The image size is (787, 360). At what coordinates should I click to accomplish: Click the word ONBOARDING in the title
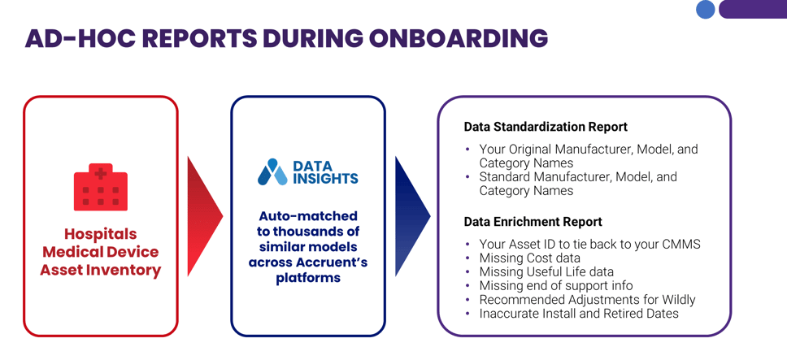click(459, 38)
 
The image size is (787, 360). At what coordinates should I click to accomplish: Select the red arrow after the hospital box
click(203, 216)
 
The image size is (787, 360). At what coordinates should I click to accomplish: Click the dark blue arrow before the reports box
click(411, 216)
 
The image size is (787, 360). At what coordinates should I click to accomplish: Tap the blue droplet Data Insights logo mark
click(272, 172)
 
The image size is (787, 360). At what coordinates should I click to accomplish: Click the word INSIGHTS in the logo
click(325, 179)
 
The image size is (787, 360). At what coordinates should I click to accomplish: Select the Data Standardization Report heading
click(546, 127)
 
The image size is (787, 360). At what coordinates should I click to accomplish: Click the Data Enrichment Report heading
click(533, 222)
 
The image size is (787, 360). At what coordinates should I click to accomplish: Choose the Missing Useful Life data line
click(546, 272)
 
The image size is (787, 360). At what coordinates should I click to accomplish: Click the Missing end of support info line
click(556, 286)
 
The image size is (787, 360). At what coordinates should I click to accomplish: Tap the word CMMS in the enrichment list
click(681, 245)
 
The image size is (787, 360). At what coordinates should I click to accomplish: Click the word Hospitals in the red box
click(101, 234)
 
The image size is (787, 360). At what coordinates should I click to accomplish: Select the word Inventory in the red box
click(129, 270)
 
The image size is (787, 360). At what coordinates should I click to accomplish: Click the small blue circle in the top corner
click(706, 10)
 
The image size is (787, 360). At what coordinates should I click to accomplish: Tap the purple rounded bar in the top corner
click(753, 9)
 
